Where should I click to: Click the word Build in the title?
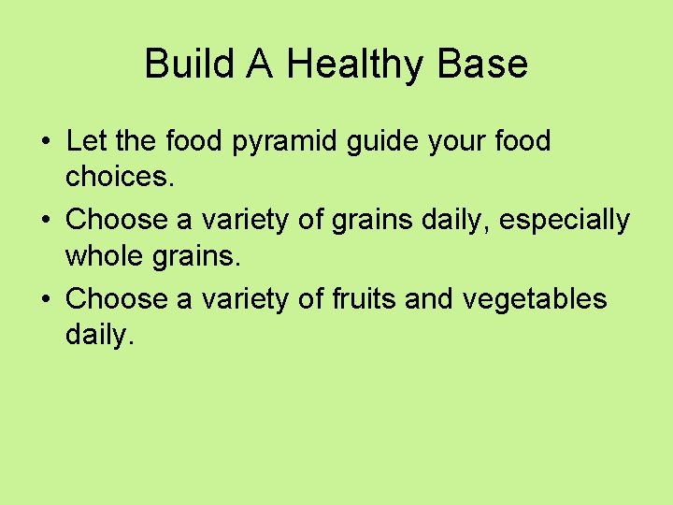180,65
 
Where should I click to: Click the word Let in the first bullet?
86,142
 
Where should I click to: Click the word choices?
120,176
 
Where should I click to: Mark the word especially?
565,222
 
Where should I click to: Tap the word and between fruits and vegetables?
447,299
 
